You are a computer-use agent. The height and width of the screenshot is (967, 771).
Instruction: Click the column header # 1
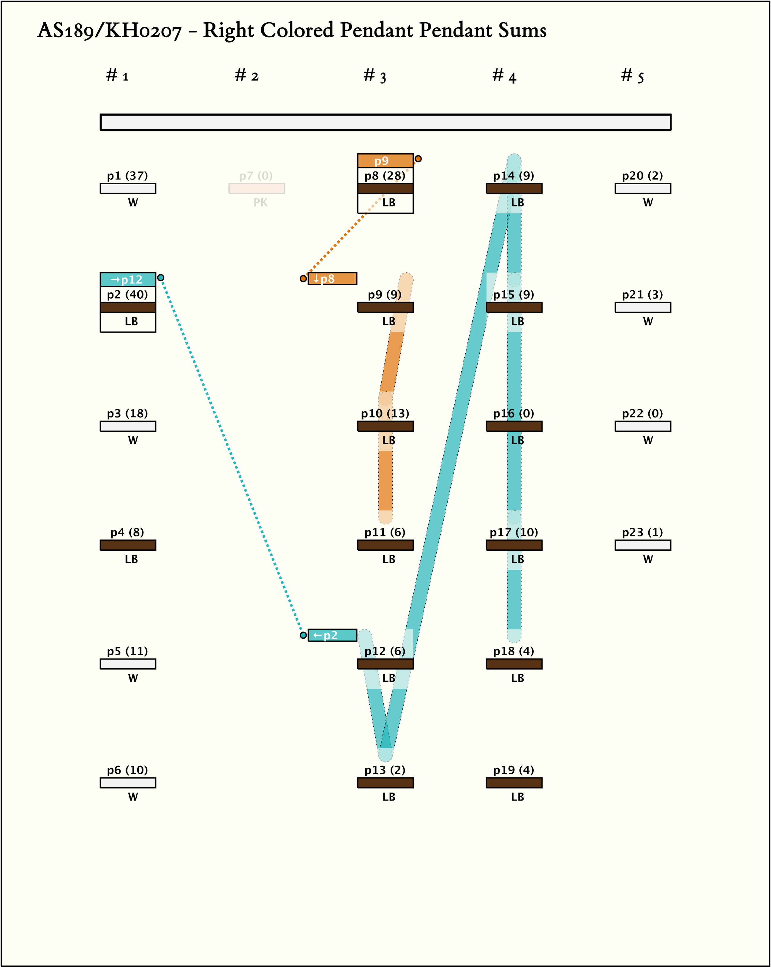(117, 76)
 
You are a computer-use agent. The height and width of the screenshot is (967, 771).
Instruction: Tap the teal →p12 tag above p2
(128, 279)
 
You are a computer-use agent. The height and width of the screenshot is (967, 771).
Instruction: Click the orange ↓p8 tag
(332, 278)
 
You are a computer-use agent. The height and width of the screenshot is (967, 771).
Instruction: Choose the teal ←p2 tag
(332, 635)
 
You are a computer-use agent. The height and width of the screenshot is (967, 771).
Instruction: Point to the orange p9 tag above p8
(385, 160)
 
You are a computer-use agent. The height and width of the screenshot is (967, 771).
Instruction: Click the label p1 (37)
(127, 175)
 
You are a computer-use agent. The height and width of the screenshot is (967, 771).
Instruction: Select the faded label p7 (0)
(256, 175)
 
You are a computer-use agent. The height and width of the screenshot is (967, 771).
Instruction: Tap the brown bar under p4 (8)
(128, 545)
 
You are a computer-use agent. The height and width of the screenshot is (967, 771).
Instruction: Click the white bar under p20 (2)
(643, 188)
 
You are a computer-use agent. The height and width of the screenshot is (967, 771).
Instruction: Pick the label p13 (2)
(385, 770)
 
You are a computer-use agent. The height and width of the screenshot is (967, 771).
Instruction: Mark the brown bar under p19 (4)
(514, 783)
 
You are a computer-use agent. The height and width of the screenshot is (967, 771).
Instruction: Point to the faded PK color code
(260, 203)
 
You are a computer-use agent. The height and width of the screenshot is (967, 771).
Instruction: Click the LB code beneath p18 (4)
(517, 678)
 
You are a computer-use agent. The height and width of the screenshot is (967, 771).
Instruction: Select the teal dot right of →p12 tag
(160, 278)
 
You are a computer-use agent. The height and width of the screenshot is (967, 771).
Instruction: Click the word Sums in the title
(522, 31)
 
